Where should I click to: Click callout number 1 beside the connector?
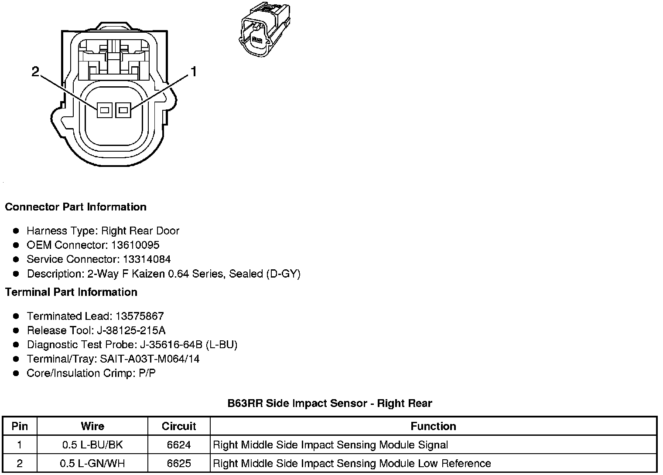(193, 71)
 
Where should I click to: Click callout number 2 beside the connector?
(36, 71)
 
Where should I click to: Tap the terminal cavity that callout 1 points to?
(123, 110)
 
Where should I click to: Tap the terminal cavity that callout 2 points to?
(104, 110)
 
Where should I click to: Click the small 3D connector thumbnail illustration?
(263, 29)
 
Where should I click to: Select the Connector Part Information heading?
(75, 207)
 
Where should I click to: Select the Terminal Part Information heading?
(71, 292)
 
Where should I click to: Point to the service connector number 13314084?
(147, 259)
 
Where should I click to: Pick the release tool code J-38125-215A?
(130, 330)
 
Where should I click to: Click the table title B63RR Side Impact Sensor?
(330, 403)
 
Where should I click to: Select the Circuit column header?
(179, 426)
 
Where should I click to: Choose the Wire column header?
(92, 426)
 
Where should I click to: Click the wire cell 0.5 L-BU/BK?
(92, 445)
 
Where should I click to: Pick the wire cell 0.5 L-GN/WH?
(92, 463)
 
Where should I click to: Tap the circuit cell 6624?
(179, 445)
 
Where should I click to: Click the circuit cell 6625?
(179, 463)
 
